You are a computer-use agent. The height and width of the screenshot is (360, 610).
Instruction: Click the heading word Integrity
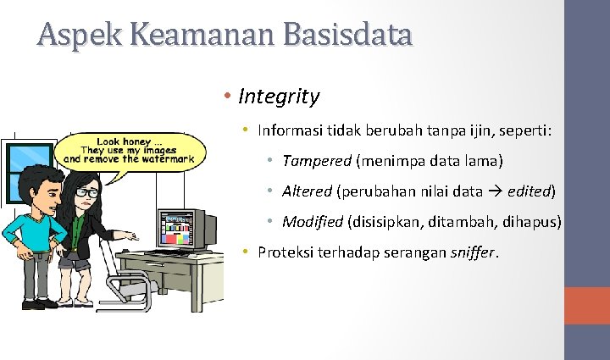click(279, 97)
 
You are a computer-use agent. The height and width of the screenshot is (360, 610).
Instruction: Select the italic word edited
click(529, 191)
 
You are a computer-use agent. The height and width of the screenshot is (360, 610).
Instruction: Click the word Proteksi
click(287, 252)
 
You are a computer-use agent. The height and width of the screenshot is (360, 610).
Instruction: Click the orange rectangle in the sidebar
click(587, 305)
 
